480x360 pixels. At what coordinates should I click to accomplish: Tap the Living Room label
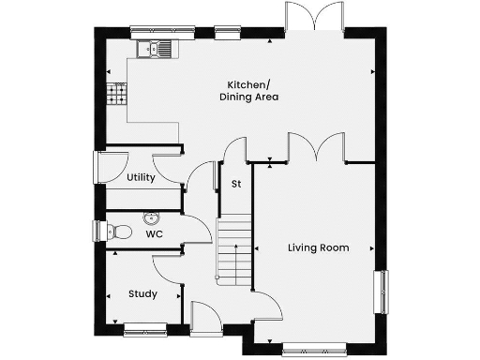pos(318,248)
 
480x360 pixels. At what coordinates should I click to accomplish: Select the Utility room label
pos(141,177)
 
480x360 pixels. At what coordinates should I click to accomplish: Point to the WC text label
pos(154,235)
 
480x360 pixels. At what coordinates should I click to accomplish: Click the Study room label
pos(142,294)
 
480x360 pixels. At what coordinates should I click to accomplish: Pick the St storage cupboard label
pos(236,184)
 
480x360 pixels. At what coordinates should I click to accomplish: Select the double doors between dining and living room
pos(316,148)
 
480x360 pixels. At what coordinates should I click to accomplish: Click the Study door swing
pos(166,268)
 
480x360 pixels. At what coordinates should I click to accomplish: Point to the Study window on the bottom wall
pos(144,328)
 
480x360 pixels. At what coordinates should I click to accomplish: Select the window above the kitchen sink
pos(157,30)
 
